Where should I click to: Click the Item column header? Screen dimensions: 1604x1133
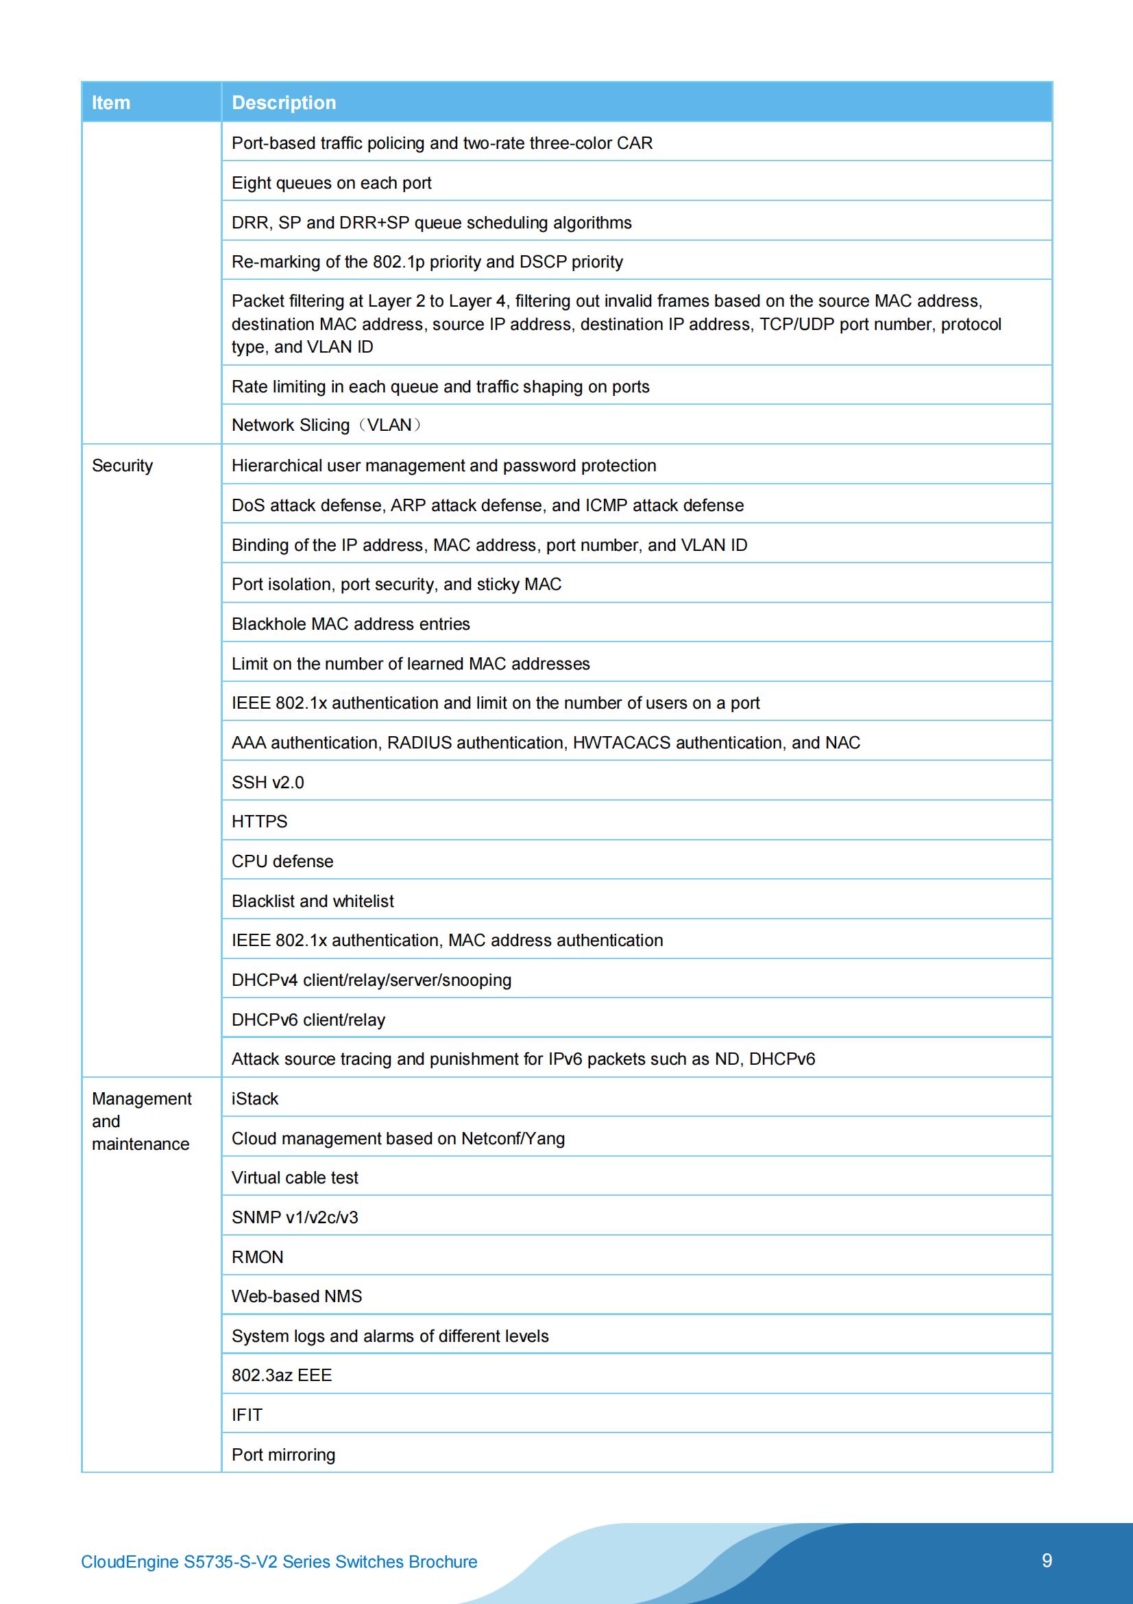111,103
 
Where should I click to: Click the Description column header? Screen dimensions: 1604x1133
284,103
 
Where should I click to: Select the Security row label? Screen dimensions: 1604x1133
122,466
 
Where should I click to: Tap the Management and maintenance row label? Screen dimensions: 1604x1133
141,1121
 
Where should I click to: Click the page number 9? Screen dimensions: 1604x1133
1047,1560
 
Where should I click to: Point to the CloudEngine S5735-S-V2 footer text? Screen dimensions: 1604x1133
278,1561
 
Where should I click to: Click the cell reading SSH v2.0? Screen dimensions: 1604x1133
268,782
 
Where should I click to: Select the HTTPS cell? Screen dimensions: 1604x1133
260,822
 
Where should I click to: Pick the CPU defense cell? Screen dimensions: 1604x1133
282,862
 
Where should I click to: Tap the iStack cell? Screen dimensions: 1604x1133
255,1099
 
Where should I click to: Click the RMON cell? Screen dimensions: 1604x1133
258,1257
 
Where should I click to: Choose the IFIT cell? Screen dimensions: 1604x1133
247,1415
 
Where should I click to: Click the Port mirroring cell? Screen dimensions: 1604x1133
284,1454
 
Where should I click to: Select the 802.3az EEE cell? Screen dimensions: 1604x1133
282,1375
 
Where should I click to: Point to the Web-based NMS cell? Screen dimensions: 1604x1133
297,1296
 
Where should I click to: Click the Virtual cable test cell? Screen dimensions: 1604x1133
295,1178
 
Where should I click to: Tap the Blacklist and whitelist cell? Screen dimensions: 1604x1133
313,901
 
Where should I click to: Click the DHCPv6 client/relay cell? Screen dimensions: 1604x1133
308,1020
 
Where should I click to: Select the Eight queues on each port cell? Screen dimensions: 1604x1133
332,183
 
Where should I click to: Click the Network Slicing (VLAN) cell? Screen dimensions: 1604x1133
326,425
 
